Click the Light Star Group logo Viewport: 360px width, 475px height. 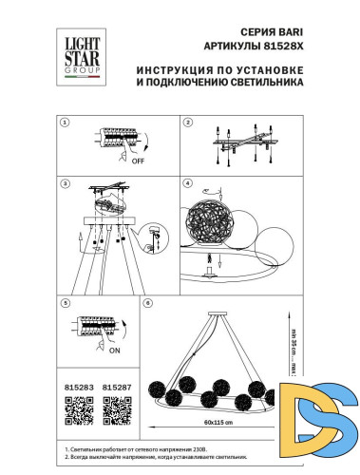tap(80, 52)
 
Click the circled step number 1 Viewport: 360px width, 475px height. tap(65, 123)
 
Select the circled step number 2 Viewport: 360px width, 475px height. tap(187, 123)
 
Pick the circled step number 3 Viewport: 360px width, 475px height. tap(65, 182)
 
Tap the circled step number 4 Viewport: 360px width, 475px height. tap(187, 182)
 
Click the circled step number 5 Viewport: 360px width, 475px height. tap(65, 303)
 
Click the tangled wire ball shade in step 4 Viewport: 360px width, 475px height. tap(213, 224)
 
